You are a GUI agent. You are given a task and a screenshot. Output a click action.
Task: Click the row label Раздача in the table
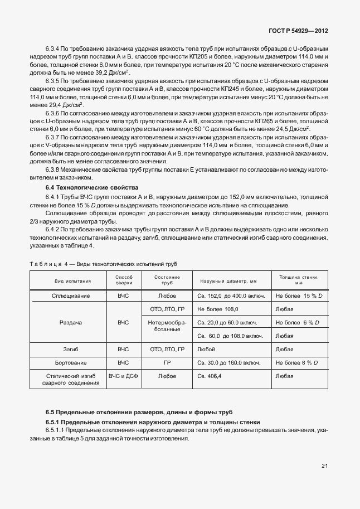click(x=68, y=323)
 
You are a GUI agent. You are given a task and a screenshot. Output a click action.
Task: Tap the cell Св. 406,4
click(x=210, y=376)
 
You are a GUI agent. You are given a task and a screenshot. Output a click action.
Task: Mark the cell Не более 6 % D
click(x=298, y=323)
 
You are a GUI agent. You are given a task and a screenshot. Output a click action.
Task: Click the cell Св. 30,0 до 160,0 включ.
click(x=230, y=363)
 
